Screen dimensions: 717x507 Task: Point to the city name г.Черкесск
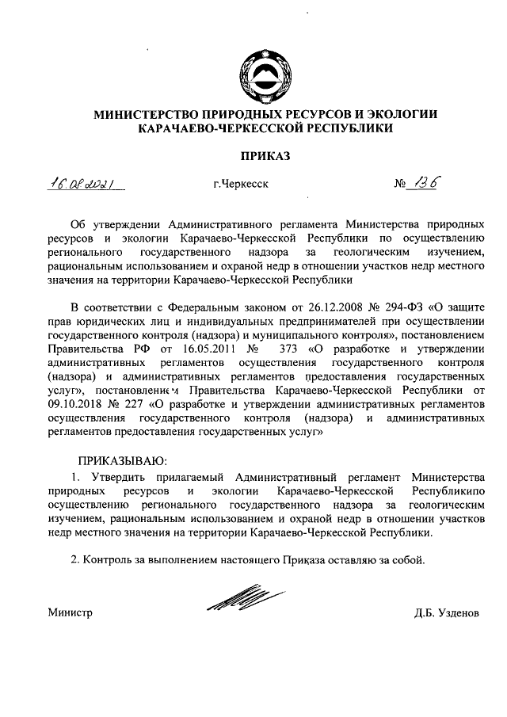click(241, 185)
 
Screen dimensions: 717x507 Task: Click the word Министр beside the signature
click(70, 613)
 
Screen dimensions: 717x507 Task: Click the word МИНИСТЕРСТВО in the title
click(149, 114)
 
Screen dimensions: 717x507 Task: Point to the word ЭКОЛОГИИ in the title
click(400, 114)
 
